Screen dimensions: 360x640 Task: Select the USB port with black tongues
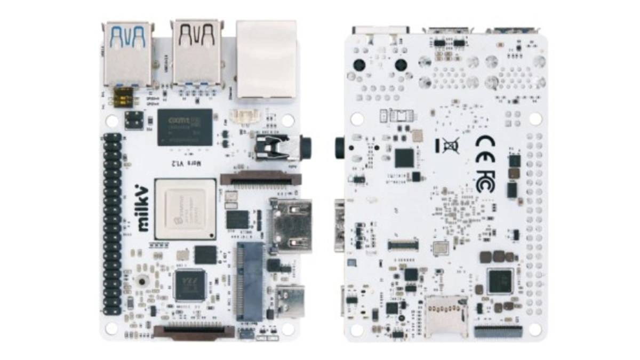click(197, 52)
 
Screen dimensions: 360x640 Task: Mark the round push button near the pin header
click(142, 281)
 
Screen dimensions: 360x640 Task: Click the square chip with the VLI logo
click(190, 285)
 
